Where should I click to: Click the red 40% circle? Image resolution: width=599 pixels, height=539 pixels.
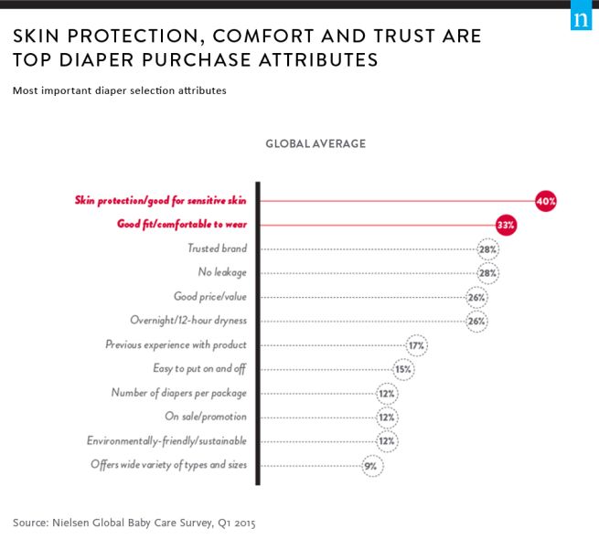[x=546, y=200]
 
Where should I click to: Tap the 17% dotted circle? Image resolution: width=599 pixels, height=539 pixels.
[x=417, y=345]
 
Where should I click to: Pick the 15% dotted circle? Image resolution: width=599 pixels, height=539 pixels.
[x=403, y=369]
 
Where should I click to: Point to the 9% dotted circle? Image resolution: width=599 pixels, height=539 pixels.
[x=371, y=465]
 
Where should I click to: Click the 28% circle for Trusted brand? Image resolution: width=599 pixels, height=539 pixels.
[x=488, y=248]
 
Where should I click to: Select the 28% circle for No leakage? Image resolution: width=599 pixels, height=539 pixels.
[x=488, y=272]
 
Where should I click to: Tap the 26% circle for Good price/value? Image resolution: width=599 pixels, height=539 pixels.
[x=476, y=297]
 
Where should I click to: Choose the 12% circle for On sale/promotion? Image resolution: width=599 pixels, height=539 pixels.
[x=387, y=417]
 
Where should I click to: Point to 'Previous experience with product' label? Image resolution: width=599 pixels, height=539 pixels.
[x=176, y=345]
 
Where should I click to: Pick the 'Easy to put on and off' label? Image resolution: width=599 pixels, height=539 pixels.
[x=199, y=369]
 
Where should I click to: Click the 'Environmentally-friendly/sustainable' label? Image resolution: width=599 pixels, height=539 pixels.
[x=166, y=441]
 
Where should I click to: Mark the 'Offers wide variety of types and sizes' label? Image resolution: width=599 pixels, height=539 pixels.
[x=168, y=465]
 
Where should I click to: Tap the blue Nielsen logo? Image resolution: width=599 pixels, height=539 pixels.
[x=581, y=19]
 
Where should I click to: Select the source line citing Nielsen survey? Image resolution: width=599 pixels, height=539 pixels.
[x=134, y=523]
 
